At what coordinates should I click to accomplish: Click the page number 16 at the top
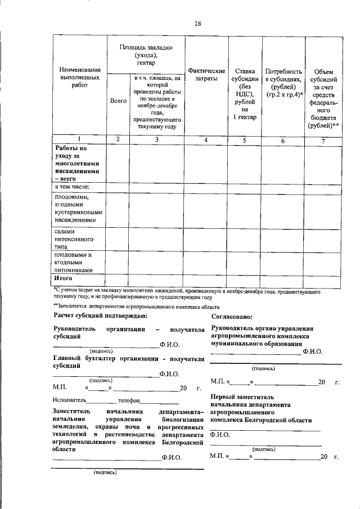point(197,23)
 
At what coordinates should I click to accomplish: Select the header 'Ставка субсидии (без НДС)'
point(245,94)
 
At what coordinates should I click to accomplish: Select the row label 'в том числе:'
point(73,186)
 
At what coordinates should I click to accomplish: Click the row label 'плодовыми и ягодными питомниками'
point(73,262)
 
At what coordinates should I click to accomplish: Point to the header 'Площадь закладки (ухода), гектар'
point(146,55)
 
